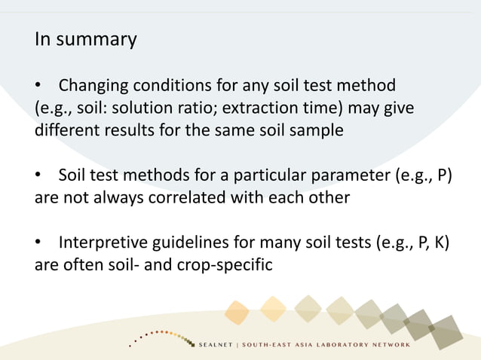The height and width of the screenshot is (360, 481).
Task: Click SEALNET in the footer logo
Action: click(215, 345)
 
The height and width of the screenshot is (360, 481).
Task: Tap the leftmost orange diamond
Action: click(237, 311)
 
